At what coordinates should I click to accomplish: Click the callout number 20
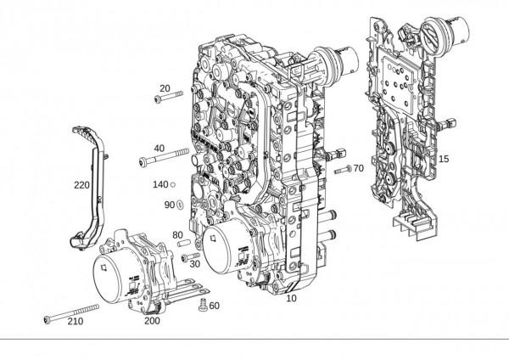pyautogui.click(x=165, y=88)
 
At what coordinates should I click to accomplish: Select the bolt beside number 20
pyautogui.click(x=169, y=97)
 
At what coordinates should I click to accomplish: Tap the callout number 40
pyautogui.click(x=159, y=148)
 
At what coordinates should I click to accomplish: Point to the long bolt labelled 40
pyautogui.click(x=164, y=156)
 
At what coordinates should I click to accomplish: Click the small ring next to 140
pyautogui.click(x=173, y=184)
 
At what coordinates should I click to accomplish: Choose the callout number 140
pyautogui.click(x=160, y=185)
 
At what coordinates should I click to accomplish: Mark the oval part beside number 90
pyautogui.click(x=180, y=205)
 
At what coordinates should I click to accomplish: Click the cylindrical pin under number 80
pyautogui.click(x=183, y=243)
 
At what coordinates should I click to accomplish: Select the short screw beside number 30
pyautogui.click(x=190, y=256)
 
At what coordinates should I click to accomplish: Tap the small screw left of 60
pyautogui.click(x=203, y=305)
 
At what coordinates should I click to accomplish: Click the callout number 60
pyautogui.click(x=215, y=306)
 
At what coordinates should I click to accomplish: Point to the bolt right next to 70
pyautogui.click(x=343, y=169)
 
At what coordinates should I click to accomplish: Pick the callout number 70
pyautogui.click(x=359, y=168)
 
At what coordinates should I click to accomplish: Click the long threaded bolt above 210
pyautogui.click(x=71, y=313)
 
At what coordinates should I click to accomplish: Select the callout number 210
pyautogui.click(x=76, y=321)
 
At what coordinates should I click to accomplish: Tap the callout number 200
pyautogui.click(x=152, y=321)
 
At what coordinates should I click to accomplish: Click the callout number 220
pyautogui.click(x=81, y=185)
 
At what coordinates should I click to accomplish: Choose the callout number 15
pyautogui.click(x=444, y=159)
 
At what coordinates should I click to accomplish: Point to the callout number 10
pyautogui.click(x=292, y=298)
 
